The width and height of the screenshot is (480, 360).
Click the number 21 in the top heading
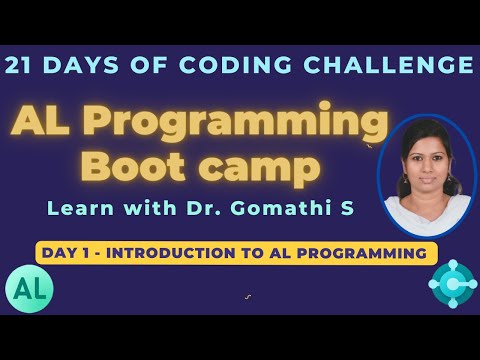23,66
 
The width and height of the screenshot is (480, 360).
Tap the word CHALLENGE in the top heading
396,66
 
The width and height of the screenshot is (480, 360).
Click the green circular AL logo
29,288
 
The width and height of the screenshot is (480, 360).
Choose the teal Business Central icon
451,283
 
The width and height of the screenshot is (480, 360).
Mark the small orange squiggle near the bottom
247,296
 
